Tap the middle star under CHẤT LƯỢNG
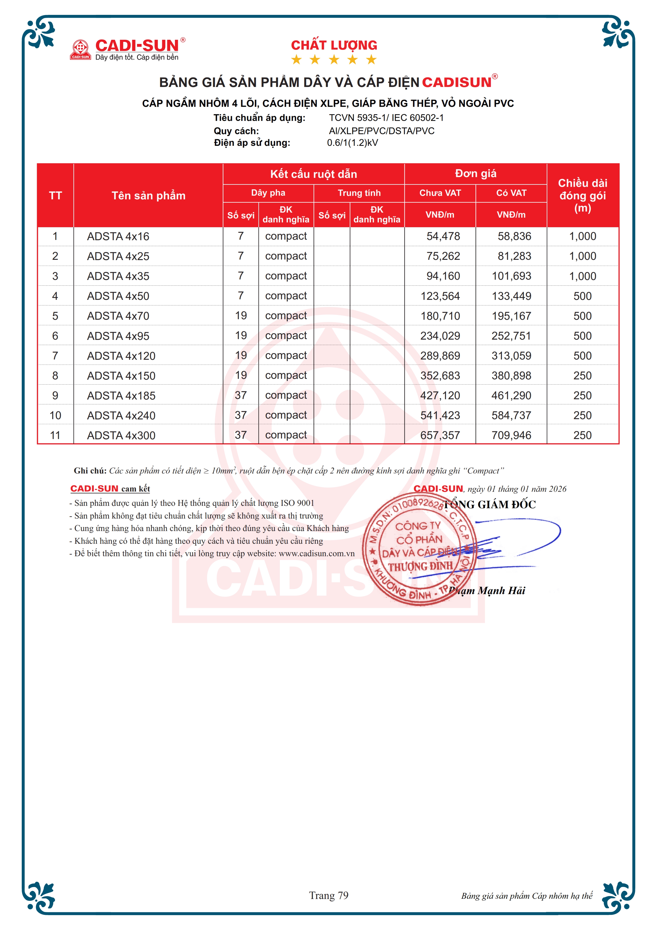[x=334, y=60]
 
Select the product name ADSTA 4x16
[x=118, y=236]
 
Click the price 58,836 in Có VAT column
[x=514, y=236]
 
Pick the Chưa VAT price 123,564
[x=440, y=296]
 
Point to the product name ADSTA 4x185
[x=121, y=396]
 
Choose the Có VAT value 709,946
[x=511, y=435]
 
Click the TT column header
[x=55, y=196]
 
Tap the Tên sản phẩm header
[x=149, y=196]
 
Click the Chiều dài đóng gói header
[x=583, y=196]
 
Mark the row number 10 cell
[x=55, y=416]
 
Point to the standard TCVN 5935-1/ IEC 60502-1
[x=386, y=118]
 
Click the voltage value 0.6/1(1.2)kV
[x=352, y=143]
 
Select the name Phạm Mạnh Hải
[x=487, y=591]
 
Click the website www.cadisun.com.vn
[x=316, y=554]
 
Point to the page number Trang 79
[x=329, y=895]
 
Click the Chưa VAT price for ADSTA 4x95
[x=440, y=336]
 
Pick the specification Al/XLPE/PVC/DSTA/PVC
[x=382, y=131]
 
